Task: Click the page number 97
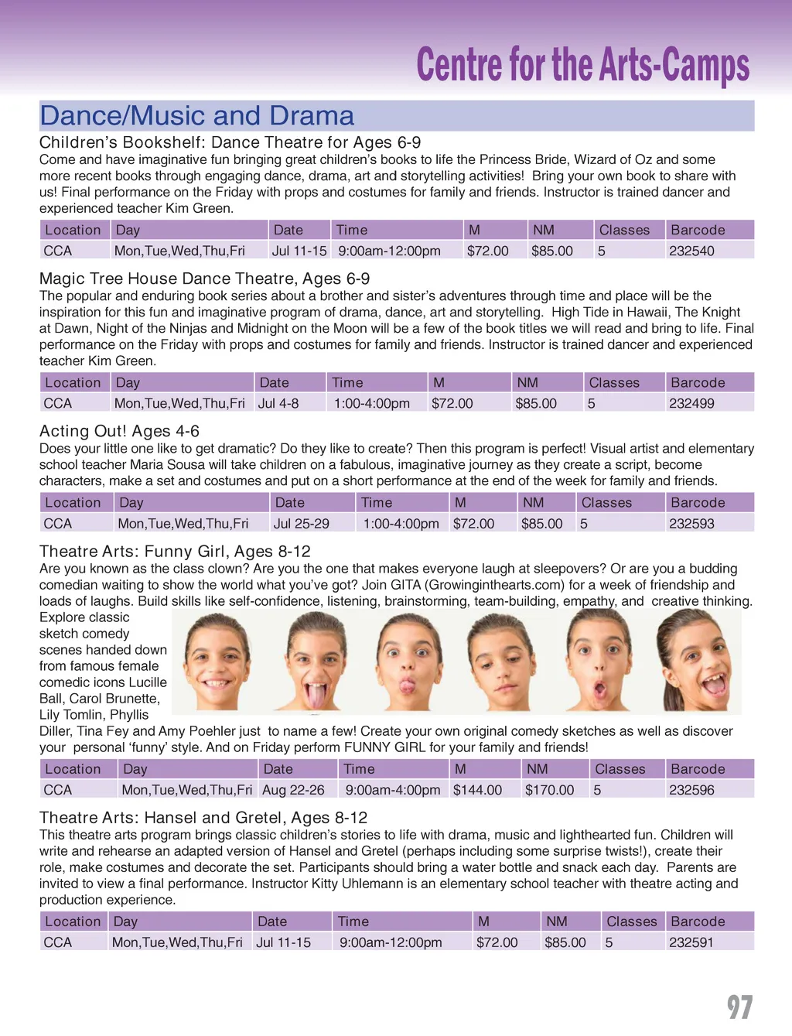coord(739,1007)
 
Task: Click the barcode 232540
coord(691,251)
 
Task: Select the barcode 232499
coord(691,403)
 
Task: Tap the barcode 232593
coord(691,523)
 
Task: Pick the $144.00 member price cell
coord(477,790)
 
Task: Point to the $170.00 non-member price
coord(549,790)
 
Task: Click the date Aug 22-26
coord(293,790)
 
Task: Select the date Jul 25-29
coord(301,523)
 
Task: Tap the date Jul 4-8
coord(278,403)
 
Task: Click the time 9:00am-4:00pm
coord(393,790)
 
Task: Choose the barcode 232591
coord(691,942)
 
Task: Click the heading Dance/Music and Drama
coord(196,116)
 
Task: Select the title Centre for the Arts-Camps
coord(582,65)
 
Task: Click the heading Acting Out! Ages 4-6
coord(119,431)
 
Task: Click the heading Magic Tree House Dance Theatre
coord(204,279)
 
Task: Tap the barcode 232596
coord(691,790)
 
